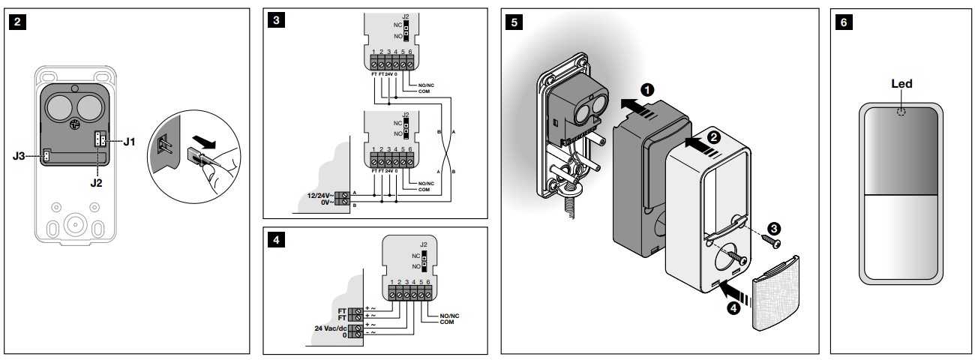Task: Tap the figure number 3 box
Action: coord(277,21)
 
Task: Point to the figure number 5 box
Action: coord(513,21)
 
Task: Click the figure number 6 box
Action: coord(844,21)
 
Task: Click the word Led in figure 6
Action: coord(901,84)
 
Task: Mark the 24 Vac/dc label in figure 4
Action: coord(330,328)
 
